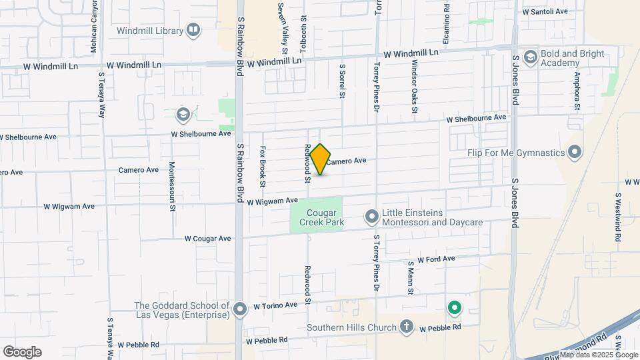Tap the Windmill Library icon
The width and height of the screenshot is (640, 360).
[x=193, y=30]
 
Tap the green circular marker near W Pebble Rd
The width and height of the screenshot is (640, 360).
[x=455, y=307]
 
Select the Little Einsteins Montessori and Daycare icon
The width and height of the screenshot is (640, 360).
[x=371, y=216]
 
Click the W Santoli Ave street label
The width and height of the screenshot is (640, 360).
[x=545, y=11]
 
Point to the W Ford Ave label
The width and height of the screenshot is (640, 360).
[x=436, y=259]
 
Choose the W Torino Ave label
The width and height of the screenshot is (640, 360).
[x=275, y=306]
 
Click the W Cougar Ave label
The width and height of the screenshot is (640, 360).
[x=208, y=238]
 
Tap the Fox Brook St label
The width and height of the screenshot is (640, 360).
[x=263, y=166]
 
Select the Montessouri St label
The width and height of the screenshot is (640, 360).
[x=172, y=186]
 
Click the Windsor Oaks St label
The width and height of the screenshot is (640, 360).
[x=414, y=86]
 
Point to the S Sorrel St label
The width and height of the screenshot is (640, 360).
[x=342, y=81]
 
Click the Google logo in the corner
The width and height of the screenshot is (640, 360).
[x=22, y=351]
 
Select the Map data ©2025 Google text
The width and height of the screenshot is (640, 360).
[x=598, y=355]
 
